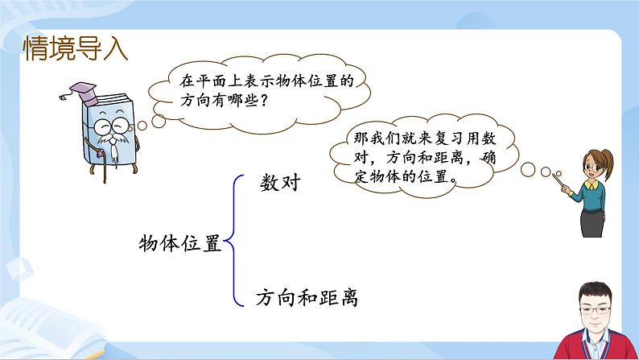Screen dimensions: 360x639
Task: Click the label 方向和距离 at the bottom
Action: pos(305,298)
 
